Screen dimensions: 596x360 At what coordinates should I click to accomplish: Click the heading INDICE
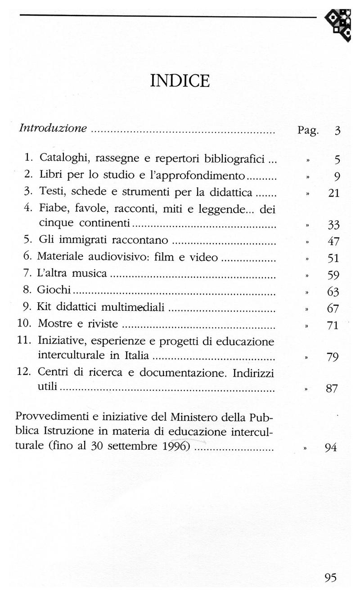click(180, 81)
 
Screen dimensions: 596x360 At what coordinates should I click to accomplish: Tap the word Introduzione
click(53, 128)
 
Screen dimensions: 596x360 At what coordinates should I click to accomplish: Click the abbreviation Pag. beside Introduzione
click(308, 131)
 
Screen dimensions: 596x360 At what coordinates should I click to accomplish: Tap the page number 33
click(333, 225)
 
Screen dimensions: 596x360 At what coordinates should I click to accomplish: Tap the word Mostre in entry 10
click(54, 323)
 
